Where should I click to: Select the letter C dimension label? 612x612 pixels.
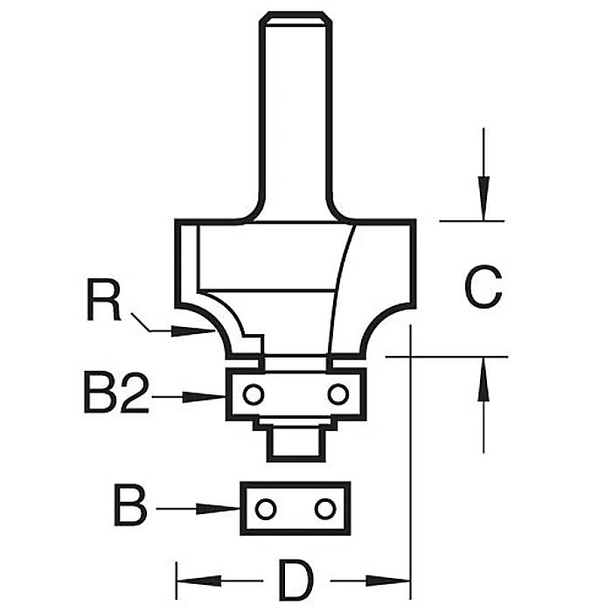click(483, 288)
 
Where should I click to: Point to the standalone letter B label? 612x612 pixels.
click(130, 507)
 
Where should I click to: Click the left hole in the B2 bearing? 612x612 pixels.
click(253, 394)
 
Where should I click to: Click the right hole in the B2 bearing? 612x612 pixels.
click(337, 394)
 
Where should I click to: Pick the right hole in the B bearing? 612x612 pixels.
click(324, 508)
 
